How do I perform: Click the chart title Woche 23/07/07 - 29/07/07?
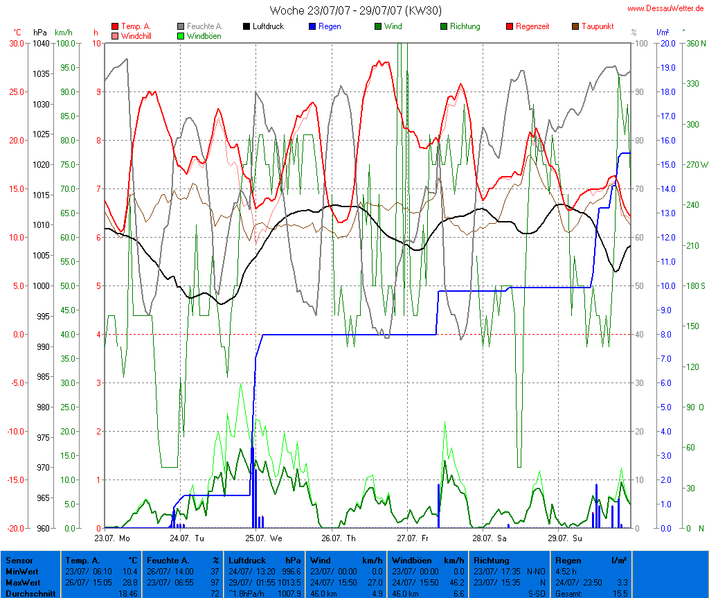355,10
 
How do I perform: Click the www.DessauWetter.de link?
667,8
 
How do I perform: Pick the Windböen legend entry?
204,36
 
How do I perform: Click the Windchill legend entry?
138,36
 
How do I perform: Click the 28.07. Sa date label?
489,538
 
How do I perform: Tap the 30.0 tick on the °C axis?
17,43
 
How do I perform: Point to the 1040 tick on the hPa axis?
41,43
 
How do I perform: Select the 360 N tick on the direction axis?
694,43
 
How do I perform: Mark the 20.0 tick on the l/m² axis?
667,43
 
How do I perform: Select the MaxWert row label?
24,583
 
